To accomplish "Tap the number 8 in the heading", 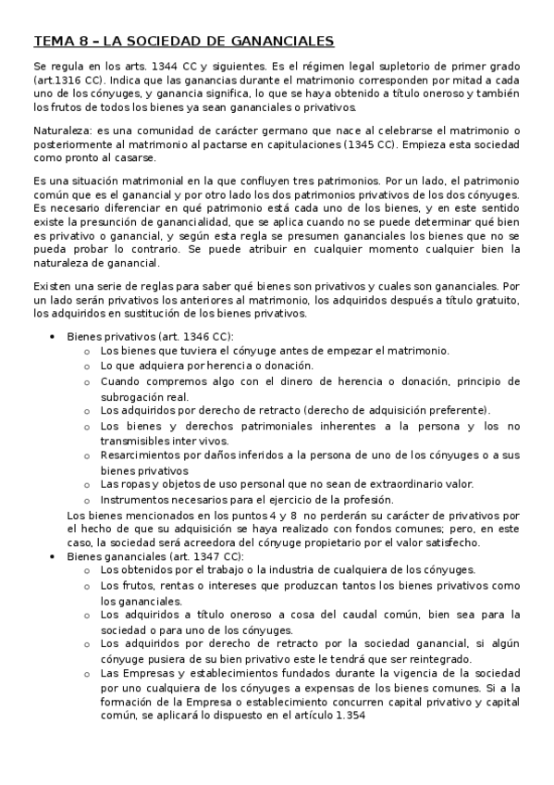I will coord(78,42).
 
